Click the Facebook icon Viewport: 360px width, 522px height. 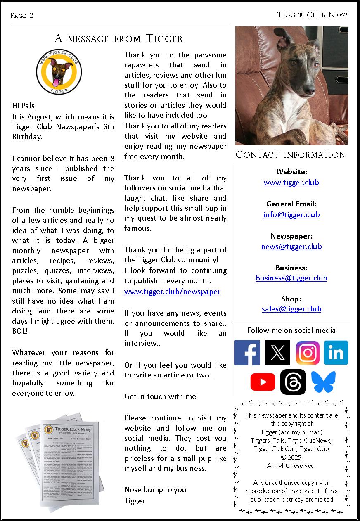coord(247,353)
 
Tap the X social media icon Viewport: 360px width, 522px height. coord(277,353)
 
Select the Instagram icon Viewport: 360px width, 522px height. coord(308,353)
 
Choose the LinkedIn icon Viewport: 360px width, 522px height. coord(336,353)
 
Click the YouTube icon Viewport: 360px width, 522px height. coord(263,382)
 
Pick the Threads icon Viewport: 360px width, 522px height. coord(293,382)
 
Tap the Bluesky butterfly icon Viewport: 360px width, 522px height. coord(323,382)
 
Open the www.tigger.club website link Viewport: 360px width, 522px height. coord(291,183)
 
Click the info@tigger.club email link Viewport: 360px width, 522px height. coord(291,215)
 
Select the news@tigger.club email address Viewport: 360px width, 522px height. coord(291,247)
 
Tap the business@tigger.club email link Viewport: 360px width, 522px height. coord(291,278)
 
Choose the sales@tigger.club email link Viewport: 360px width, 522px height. coord(291,309)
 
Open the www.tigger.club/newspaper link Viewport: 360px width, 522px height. coord(172,292)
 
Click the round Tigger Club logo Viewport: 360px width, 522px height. coord(59,71)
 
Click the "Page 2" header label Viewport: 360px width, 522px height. coord(22,16)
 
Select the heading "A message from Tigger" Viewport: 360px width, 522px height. coord(119,39)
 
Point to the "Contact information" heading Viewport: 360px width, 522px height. coord(291,155)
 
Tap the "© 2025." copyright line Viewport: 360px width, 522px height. coord(291,458)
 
